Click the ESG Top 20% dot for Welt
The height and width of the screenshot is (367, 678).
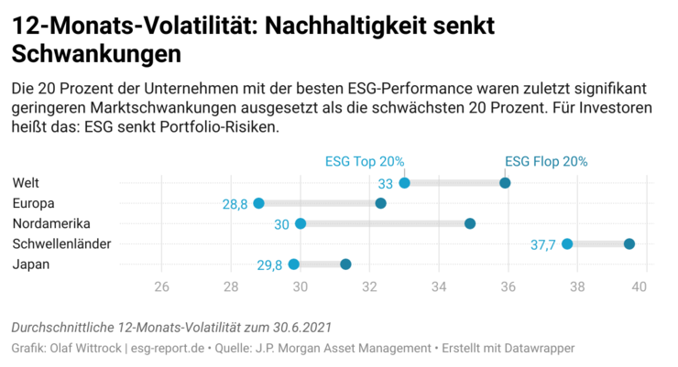pyautogui.click(x=404, y=183)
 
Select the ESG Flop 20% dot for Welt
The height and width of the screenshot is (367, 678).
pyautogui.click(x=505, y=183)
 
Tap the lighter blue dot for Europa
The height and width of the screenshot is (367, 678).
pyautogui.click(x=258, y=203)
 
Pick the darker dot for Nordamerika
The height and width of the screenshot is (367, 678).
pyautogui.click(x=470, y=223)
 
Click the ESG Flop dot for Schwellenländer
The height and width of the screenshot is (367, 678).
pyautogui.click(x=629, y=243)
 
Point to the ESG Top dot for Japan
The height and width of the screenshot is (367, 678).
pyautogui.click(x=293, y=264)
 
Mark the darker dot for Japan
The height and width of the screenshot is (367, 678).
pyautogui.click(x=345, y=264)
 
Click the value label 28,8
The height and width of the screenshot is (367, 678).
pyautogui.click(x=235, y=204)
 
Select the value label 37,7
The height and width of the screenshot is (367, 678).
pyautogui.click(x=543, y=244)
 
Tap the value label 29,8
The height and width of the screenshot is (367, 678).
pyautogui.click(x=269, y=265)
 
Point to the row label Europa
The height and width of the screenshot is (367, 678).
pyautogui.click(x=34, y=203)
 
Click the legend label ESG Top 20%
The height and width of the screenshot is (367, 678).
pyautogui.click(x=365, y=161)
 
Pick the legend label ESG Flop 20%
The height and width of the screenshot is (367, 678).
pyautogui.click(x=547, y=161)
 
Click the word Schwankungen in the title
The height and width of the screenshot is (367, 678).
pyautogui.click(x=95, y=54)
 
